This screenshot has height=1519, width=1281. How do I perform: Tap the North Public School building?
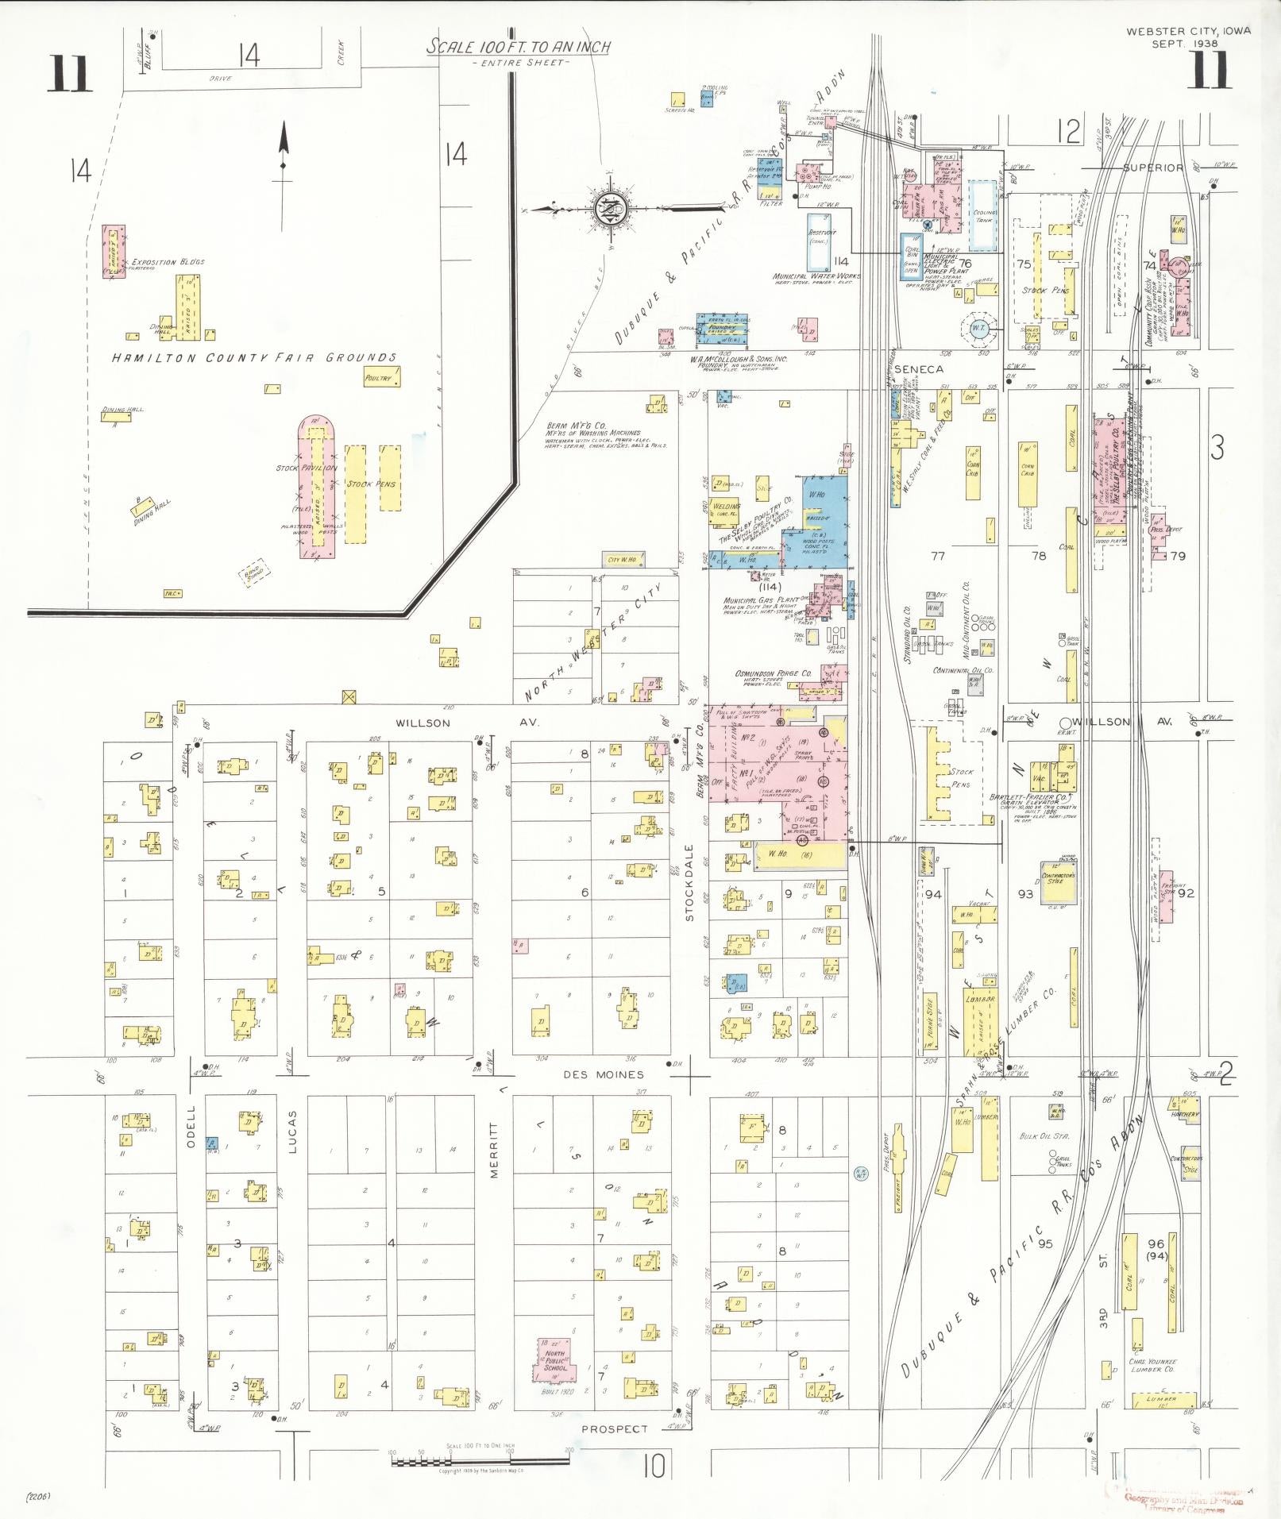(555, 1359)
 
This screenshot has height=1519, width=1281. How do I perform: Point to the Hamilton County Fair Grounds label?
(253, 358)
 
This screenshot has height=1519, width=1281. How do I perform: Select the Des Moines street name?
(603, 1074)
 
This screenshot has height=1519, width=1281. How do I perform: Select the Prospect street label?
(615, 1428)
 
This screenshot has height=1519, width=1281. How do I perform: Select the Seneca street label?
(919, 369)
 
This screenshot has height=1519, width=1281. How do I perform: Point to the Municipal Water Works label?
(816, 276)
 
